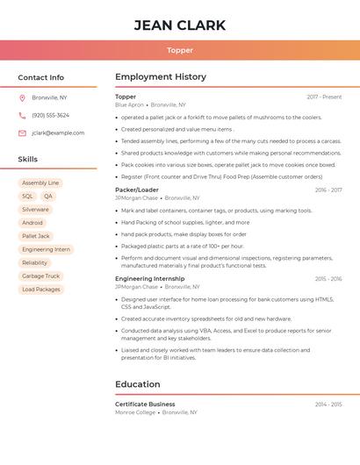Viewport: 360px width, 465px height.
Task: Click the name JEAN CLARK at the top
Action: [180, 25]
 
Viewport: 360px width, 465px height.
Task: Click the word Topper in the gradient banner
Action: [180, 50]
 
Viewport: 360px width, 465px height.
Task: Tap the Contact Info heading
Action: [40, 77]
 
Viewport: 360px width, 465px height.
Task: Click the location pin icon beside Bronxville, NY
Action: [22, 97]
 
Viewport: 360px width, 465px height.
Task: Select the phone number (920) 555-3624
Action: [50, 115]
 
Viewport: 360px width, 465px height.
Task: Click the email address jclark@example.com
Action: [58, 132]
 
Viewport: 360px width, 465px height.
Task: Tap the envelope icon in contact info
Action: [22, 132]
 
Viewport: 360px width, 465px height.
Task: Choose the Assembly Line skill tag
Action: [40, 183]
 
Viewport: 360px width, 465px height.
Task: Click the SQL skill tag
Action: [27, 197]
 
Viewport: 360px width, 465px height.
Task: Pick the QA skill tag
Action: [47, 197]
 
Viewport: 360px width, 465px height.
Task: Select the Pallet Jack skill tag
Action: [36, 236]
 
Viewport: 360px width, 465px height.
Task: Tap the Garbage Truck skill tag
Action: [40, 275]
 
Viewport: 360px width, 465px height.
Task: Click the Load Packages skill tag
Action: [41, 289]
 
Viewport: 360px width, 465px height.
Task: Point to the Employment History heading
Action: [161, 77]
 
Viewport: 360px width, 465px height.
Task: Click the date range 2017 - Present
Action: [324, 97]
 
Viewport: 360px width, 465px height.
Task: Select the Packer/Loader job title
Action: [137, 190]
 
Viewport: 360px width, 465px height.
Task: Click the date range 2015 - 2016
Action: [328, 279]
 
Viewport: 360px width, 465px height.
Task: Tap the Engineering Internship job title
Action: [150, 279]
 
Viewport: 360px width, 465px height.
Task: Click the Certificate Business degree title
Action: [145, 404]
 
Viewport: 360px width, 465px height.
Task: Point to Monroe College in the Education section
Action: [135, 412]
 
